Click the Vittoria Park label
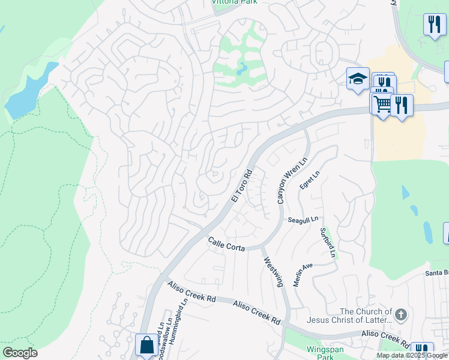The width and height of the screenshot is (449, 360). coord(235,2)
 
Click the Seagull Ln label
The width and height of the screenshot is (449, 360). coord(303,220)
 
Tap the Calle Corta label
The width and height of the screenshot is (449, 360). coord(226,244)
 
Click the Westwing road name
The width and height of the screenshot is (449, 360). coord(273,272)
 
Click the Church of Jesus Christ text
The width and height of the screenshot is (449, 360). coord(366,316)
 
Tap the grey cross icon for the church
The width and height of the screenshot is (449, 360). coord(401,314)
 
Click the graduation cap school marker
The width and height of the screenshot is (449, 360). coord(358,79)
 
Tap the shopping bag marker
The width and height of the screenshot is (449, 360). coord(146,345)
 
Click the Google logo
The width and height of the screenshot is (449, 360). coord(20,353)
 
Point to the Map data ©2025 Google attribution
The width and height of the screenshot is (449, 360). coord(412,355)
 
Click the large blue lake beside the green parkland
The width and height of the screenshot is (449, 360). coord(27,96)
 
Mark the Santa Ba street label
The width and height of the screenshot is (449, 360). coord(436,272)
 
